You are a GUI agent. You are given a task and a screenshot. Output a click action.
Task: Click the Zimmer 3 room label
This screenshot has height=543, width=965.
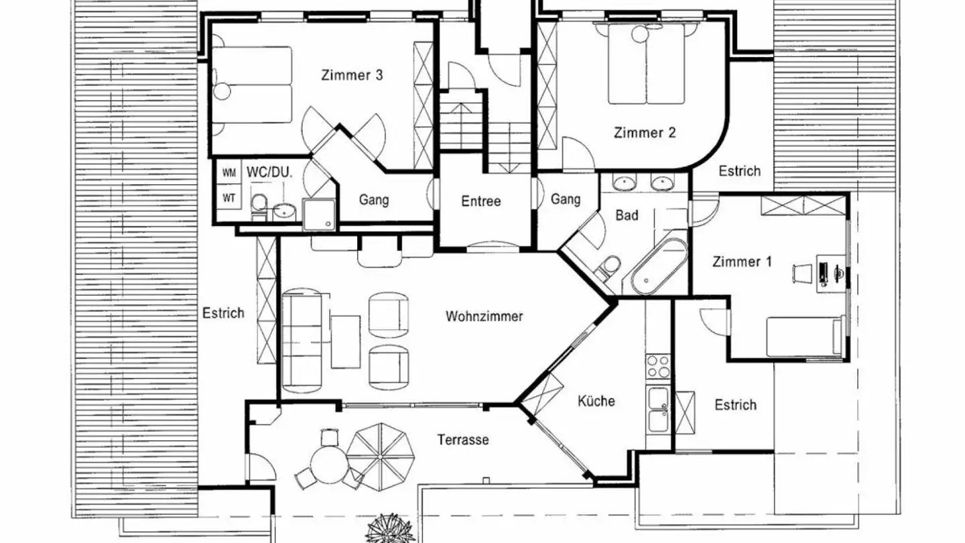tap(352, 75)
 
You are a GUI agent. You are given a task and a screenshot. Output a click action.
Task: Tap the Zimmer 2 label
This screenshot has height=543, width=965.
tap(645, 132)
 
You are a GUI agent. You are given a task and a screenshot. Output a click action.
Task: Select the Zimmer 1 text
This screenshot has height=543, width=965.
tap(742, 261)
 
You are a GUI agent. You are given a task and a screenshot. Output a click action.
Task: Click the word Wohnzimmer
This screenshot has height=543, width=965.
tap(485, 316)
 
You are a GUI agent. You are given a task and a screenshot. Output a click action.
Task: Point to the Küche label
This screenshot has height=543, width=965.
tap(596, 401)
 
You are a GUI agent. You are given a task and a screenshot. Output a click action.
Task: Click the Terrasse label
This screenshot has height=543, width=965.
tap(463, 440)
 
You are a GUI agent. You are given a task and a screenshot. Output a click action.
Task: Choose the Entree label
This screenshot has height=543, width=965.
tap(480, 201)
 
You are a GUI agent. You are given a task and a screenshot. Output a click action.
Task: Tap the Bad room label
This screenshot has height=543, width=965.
tap(627, 215)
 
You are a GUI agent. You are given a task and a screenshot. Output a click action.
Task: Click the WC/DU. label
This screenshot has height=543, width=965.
tap(269, 172)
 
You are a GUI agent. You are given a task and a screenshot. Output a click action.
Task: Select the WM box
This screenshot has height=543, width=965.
tap(229, 173)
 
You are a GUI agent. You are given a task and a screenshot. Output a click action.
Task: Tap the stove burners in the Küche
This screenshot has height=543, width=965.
tap(658, 366)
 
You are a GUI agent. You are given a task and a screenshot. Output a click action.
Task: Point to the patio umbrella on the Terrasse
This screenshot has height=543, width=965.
tap(381, 457)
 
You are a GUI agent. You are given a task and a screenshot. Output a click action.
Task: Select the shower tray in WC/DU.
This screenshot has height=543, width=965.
tap(319, 215)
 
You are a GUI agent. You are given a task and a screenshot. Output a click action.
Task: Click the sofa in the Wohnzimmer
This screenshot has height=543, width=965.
tap(302, 341)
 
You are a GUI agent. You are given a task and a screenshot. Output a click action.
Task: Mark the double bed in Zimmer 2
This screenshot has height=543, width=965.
tap(646, 64)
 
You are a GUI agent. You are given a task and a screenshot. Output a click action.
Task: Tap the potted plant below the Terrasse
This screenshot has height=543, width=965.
tap(390, 528)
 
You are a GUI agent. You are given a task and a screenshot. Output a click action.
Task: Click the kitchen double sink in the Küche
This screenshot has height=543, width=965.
tap(658, 409)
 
